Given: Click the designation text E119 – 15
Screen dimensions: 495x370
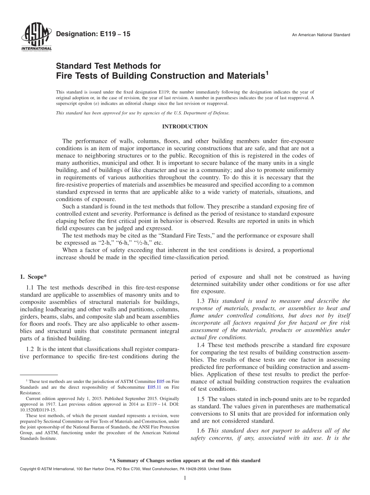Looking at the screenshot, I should pos(93,35).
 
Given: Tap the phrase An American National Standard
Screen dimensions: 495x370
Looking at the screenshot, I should pos(321,35).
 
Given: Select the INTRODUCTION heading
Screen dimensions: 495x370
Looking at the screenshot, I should pos(185,126).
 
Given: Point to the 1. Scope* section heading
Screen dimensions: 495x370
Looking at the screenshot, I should pos(33,277).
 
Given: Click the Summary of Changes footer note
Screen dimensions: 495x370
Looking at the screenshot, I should pos(185,461).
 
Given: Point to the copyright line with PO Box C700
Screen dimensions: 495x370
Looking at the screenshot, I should pos(125,469).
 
